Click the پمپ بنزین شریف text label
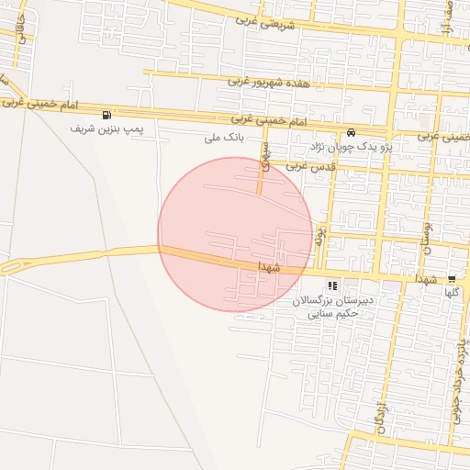(108, 129)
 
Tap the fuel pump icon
(109, 115)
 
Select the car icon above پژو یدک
(352, 131)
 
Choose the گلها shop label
(451, 292)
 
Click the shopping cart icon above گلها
(452, 279)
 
